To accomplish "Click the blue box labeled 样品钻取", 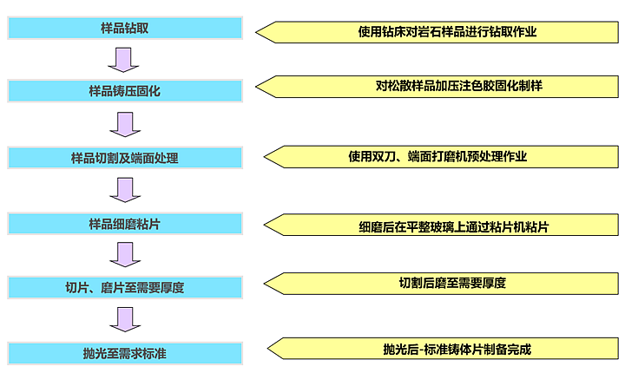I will click(x=124, y=28).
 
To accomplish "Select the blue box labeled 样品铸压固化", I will click(x=124, y=90).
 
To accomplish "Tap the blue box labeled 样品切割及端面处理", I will click(x=124, y=158).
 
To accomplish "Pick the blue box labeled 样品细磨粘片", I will click(x=124, y=224).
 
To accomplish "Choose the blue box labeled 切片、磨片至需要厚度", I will click(x=124, y=287).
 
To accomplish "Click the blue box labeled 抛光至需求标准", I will click(x=124, y=352).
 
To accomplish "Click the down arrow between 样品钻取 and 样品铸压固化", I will click(x=124, y=59).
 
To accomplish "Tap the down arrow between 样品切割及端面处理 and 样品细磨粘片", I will click(x=124, y=189).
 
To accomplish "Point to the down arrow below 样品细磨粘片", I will click(x=124, y=254).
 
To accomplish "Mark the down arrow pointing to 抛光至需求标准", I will click(x=124, y=319).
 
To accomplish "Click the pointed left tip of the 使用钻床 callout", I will click(x=257, y=32).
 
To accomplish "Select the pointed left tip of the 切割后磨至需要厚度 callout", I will click(x=265, y=283).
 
